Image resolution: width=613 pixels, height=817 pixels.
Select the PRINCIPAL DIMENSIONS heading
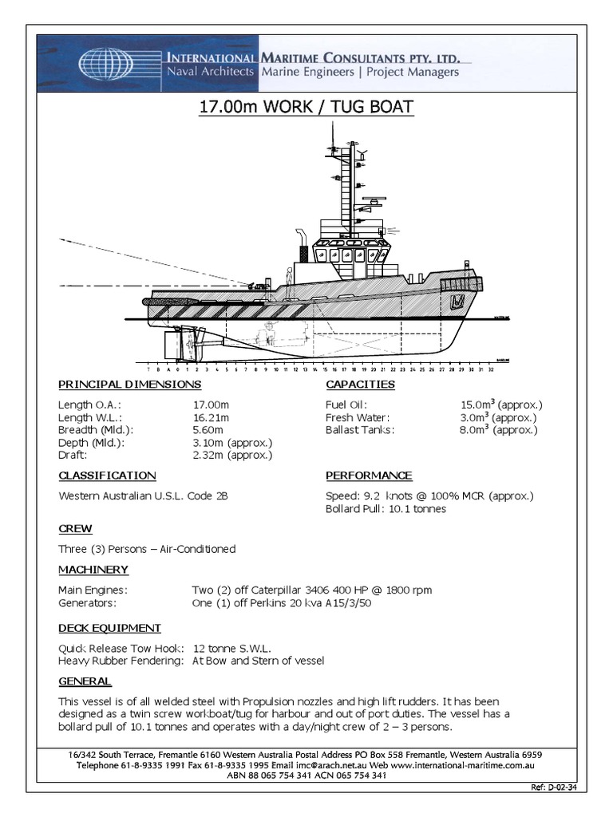tap(130, 385)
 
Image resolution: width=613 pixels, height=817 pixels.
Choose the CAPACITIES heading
tap(360, 385)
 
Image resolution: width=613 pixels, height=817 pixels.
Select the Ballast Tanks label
tap(358, 430)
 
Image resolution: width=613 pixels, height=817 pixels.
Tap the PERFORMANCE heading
tap(369, 476)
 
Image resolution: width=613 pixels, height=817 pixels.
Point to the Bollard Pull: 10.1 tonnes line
tap(386, 508)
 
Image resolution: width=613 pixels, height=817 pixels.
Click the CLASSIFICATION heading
tap(107, 476)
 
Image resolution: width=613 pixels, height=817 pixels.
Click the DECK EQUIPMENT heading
tap(110, 628)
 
